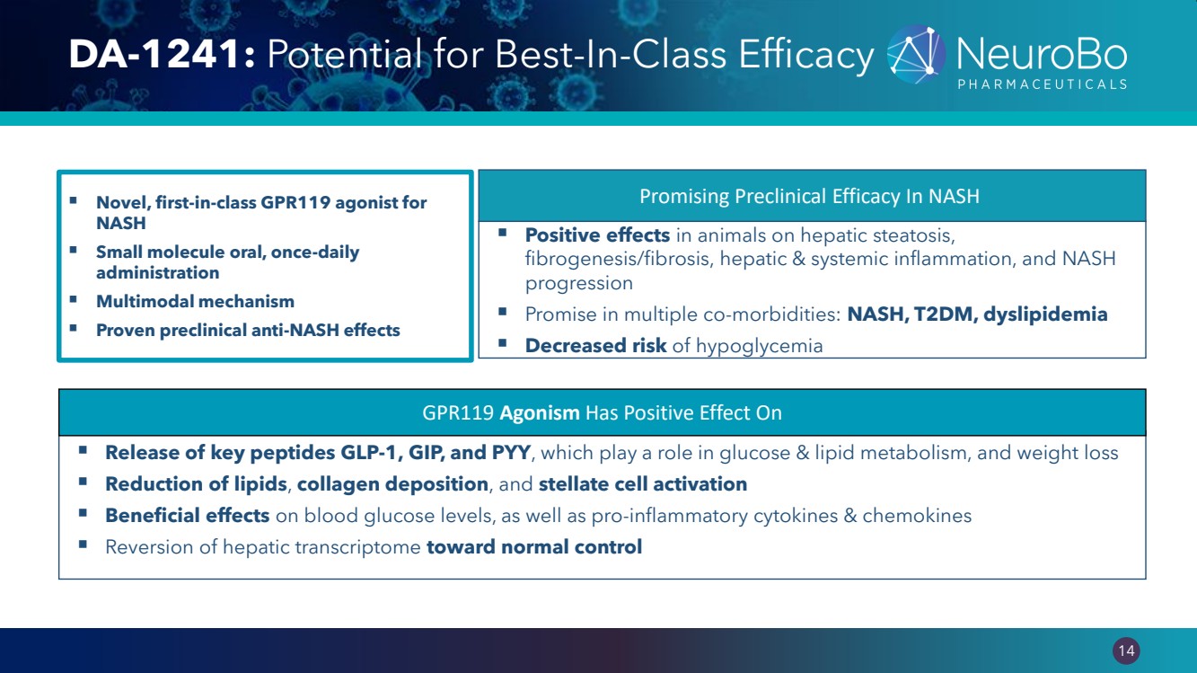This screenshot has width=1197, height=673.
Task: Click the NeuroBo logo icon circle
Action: [x=916, y=55]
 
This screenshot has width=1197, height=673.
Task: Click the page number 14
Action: [x=1126, y=651]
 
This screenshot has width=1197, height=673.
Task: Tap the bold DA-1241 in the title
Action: [x=155, y=55]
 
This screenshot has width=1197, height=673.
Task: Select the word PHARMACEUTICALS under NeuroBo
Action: [x=1042, y=84]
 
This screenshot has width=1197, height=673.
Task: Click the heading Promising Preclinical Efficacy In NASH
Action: [x=810, y=196]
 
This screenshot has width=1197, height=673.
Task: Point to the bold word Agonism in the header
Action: [x=539, y=412]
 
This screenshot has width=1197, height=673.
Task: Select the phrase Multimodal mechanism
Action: [x=195, y=302]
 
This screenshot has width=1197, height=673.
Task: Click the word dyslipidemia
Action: [x=1045, y=314]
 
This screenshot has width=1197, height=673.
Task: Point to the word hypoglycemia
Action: [x=760, y=347]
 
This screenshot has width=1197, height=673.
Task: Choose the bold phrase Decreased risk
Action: [x=596, y=346]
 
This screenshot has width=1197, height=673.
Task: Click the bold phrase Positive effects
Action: [x=597, y=235]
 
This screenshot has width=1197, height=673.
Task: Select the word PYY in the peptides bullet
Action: [x=511, y=453]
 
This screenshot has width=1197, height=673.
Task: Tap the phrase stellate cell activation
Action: [x=643, y=484]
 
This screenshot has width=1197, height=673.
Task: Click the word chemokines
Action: [x=917, y=516]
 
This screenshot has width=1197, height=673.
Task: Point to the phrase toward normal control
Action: [x=534, y=547]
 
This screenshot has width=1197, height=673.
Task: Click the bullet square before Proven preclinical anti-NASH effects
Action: [x=74, y=328]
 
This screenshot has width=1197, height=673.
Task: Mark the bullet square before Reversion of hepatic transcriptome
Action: [x=83, y=545]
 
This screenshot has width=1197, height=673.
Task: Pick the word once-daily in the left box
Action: [x=315, y=252]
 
